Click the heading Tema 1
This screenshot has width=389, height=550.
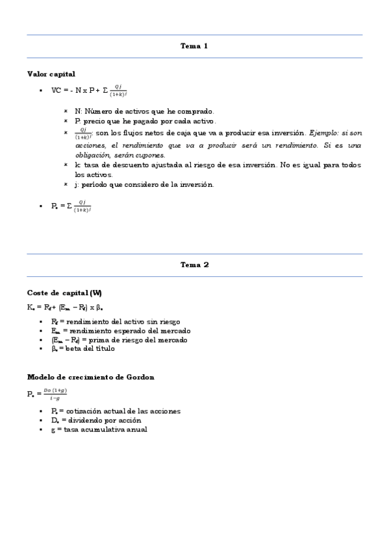[x=194, y=46]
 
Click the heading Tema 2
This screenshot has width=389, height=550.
[x=194, y=265]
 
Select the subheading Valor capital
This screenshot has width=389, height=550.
[x=51, y=74]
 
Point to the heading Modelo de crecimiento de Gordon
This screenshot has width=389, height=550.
[x=90, y=377]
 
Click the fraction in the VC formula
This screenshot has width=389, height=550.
[x=118, y=90]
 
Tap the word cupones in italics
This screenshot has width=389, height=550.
[x=152, y=155]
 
